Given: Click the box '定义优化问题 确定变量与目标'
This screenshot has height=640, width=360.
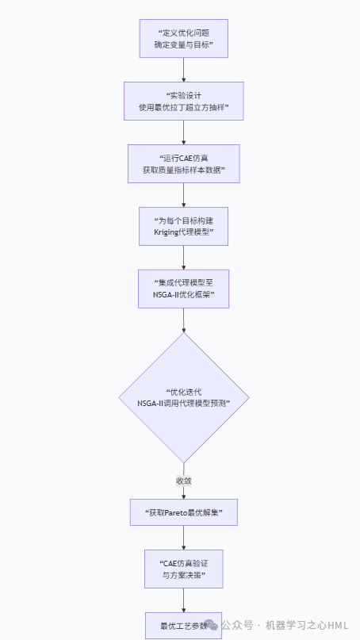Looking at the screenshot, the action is (x=184, y=38).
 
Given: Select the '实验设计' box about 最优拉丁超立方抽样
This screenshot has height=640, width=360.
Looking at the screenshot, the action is (x=184, y=101).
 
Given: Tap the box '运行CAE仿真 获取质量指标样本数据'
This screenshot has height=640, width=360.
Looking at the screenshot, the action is (x=184, y=163).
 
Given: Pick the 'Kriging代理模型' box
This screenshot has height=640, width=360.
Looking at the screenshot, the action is (x=184, y=226).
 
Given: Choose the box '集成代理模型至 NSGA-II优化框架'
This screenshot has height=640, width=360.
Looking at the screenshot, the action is (x=184, y=289).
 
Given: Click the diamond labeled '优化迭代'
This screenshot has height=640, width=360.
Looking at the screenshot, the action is (x=184, y=397).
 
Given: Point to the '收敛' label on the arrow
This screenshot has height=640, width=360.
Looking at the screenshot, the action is (x=184, y=481).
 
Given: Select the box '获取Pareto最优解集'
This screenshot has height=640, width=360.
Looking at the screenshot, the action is (x=184, y=512).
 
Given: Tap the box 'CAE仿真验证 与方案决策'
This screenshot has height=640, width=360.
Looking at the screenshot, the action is (x=184, y=569).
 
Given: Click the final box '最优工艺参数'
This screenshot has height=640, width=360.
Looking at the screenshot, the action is (x=184, y=626).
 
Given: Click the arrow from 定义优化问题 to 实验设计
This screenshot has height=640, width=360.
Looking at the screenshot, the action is (x=184, y=70).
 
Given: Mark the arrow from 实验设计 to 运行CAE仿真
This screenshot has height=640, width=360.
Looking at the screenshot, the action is (x=184, y=132).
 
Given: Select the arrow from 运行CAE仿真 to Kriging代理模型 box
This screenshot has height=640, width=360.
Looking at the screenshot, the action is (x=184, y=195).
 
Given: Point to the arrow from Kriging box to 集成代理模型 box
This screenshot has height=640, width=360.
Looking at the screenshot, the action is (x=184, y=258).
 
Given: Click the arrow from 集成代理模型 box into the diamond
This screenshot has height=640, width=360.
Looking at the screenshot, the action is (x=184, y=320).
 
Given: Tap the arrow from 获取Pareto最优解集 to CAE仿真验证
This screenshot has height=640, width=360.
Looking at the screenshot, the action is (x=184, y=538).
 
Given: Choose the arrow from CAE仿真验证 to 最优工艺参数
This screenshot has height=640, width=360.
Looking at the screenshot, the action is (x=184, y=600).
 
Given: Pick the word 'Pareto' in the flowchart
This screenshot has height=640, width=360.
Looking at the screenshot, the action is (x=175, y=512).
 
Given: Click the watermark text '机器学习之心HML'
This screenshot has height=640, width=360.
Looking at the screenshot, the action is (x=307, y=625).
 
